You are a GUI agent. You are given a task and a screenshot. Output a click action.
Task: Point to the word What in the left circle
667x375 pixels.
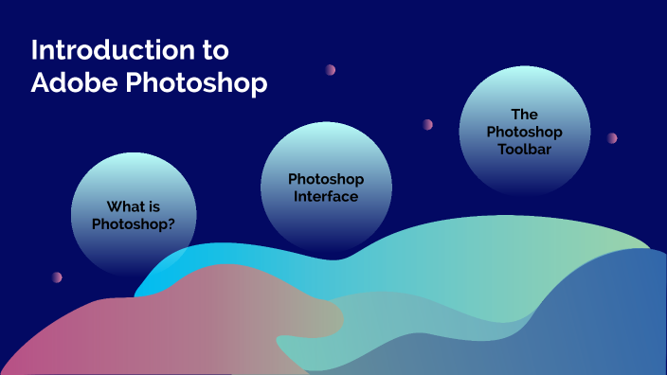[126, 206]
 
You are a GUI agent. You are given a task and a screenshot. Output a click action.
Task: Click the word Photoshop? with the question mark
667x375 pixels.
[133, 224]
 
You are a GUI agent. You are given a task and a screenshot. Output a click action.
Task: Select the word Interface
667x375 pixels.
[326, 196]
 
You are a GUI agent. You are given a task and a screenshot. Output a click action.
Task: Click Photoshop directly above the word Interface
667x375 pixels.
[326, 179]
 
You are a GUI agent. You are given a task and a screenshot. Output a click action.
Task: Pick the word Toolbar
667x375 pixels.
[524, 149]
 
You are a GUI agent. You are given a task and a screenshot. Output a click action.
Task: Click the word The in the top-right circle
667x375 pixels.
[524, 113]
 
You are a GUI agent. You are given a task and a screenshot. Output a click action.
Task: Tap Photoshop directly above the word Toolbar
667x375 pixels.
[524, 131]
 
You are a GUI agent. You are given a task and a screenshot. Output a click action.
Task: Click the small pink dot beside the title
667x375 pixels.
[331, 70]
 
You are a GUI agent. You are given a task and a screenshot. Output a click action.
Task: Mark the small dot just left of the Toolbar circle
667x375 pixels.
[427, 124]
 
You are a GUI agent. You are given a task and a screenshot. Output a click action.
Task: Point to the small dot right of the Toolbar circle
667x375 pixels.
[612, 137]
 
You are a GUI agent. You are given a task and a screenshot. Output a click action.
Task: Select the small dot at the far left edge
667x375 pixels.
[57, 277]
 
